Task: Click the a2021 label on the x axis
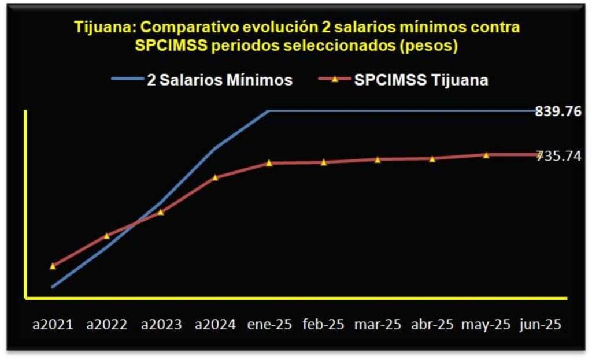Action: click(x=53, y=324)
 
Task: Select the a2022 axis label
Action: click(x=106, y=324)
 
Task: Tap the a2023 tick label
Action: click(x=161, y=324)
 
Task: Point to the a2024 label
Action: click(x=216, y=324)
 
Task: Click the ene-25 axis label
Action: click(x=269, y=324)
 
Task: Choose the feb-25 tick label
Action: click(x=324, y=324)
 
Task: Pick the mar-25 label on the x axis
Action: click(x=378, y=324)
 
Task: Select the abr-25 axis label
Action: click(x=432, y=324)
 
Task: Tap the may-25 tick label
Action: click(x=486, y=324)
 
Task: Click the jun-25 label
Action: click(x=540, y=324)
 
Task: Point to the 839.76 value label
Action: click(x=558, y=112)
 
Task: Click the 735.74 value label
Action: click(x=559, y=155)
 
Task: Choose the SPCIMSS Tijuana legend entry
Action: click(x=421, y=80)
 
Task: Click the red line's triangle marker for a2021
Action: click(x=53, y=266)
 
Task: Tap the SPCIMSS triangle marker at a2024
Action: click(x=215, y=177)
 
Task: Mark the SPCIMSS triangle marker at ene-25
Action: click(x=269, y=163)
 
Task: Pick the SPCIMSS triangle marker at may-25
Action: click(x=486, y=155)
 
